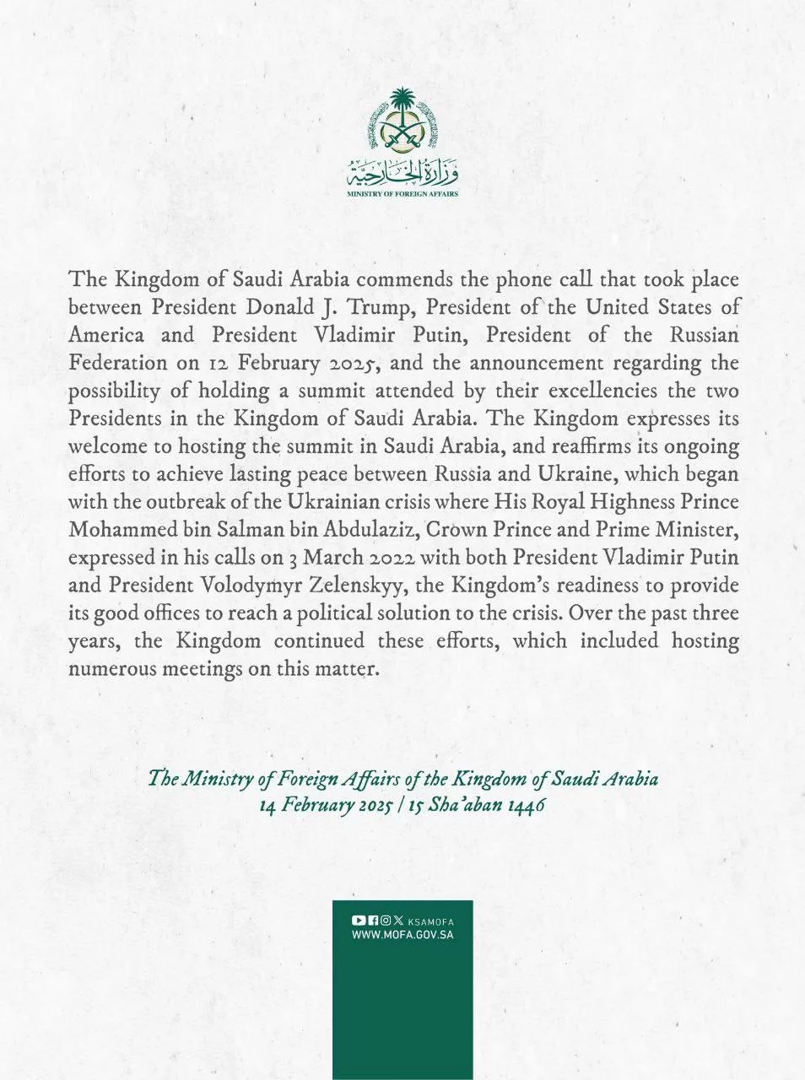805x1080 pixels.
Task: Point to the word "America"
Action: tap(107, 335)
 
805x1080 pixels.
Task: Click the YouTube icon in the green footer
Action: tap(358, 921)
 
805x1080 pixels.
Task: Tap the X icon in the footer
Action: tap(398, 921)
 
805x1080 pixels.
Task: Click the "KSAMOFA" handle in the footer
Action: tap(430, 921)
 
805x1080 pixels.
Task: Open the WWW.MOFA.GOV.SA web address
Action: tap(402, 935)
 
